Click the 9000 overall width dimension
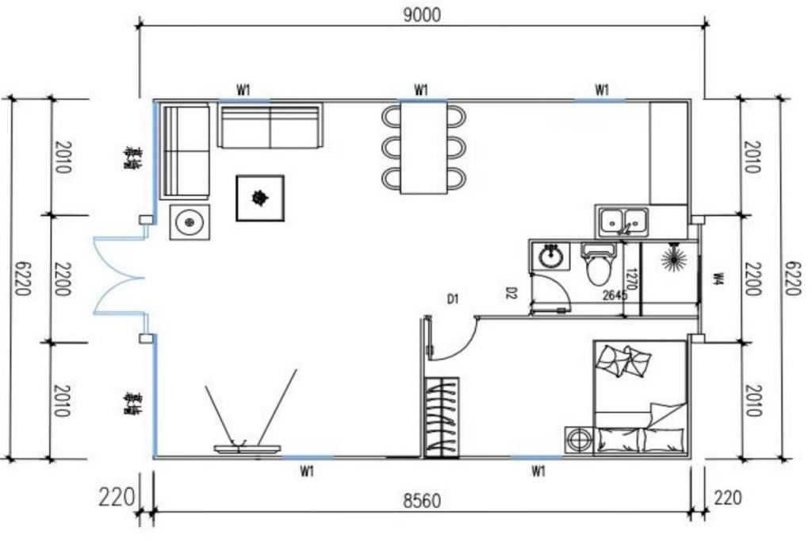pyautogui.click(x=421, y=13)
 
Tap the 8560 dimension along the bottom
pyautogui.click(x=421, y=500)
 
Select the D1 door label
pyautogui.click(x=453, y=299)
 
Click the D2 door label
pyautogui.click(x=511, y=294)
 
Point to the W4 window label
pyautogui.click(x=718, y=279)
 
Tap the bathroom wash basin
pyautogui.click(x=550, y=256)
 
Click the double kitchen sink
pyautogui.click(x=624, y=221)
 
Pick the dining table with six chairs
pyautogui.click(x=423, y=148)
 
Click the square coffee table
pyautogui.click(x=259, y=198)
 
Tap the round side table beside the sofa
pyautogui.click(x=190, y=221)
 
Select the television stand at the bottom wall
pyautogui.click(x=247, y=449)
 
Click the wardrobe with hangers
pyautogui.click(x=442, y=417)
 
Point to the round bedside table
pyautogui.click(x=578, y=439)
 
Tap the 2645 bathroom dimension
pyautogui.click(x=615, y=295)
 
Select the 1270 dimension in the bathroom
pyautogui.click(x=630, y=278)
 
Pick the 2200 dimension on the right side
pyautogui.click(x=753, y=279)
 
